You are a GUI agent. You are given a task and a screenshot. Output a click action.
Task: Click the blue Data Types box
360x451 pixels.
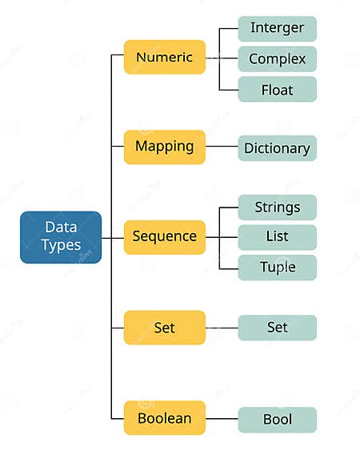(61, 237)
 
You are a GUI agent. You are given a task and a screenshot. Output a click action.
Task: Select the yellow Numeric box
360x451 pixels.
(165, 58)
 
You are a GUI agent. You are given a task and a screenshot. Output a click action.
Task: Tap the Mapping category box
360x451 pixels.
(165, 147)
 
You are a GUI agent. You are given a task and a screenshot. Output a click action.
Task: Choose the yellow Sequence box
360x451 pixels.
(165, 237)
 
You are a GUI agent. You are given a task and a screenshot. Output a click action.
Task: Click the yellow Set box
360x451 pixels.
(165, 328)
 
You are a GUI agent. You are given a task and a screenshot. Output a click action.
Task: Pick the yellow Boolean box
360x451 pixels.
(165, 418)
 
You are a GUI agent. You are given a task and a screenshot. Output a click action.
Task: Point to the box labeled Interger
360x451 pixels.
(278, 28)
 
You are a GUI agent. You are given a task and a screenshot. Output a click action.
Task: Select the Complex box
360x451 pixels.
(278, 58)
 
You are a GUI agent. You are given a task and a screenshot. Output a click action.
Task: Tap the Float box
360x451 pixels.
(278, 89)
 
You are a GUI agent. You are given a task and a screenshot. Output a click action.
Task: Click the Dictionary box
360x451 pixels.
(278, 148)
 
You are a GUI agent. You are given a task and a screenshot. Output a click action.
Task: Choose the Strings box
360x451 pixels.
(278, 207)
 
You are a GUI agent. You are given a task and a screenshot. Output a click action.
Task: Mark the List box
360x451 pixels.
(278, 237)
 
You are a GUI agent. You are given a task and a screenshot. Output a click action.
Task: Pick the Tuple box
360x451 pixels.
(278, 268)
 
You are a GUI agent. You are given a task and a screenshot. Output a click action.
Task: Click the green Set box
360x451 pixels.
(278, 328)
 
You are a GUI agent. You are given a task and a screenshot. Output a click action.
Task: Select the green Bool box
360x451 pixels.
(278, 420)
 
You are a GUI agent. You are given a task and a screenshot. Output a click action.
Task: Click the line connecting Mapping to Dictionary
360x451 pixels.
(222, 147)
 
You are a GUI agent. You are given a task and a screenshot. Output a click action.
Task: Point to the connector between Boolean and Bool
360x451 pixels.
(222, 419)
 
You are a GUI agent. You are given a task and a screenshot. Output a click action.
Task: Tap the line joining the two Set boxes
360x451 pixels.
(222, 328)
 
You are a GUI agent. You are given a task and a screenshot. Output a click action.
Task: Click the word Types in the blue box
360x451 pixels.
(61, 246)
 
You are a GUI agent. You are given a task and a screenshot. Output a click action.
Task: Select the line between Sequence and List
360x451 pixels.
(229, 237)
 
